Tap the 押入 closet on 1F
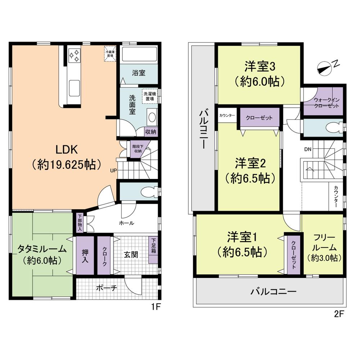pos(85,255)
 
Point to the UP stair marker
pos(113,170)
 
